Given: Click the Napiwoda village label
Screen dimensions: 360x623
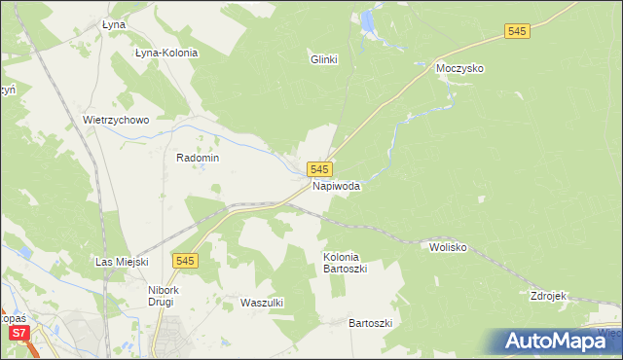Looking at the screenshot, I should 337,186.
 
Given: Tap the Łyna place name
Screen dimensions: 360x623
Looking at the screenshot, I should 115,25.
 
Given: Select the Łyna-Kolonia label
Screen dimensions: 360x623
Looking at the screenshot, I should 166,53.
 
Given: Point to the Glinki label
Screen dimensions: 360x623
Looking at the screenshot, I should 323,59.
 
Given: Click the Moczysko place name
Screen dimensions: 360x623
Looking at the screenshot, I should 460,69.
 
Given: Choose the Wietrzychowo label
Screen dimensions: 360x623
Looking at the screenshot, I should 116,121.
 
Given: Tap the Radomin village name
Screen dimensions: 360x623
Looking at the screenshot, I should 198,158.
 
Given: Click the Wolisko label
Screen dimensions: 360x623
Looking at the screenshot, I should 449,247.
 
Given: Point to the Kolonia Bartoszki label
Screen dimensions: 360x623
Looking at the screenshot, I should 346,263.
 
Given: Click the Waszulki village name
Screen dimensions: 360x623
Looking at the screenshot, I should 261,303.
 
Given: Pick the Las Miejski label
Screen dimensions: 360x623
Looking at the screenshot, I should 121,262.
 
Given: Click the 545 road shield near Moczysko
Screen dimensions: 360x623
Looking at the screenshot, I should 518,32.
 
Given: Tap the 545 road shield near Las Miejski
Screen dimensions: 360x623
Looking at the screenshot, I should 186,260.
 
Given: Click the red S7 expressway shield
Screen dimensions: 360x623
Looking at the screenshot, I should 18,334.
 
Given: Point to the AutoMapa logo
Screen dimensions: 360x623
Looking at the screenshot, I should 555,341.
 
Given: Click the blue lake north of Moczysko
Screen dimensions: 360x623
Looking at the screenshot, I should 368,19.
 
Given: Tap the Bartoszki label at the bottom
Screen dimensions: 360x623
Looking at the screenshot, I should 370,322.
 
